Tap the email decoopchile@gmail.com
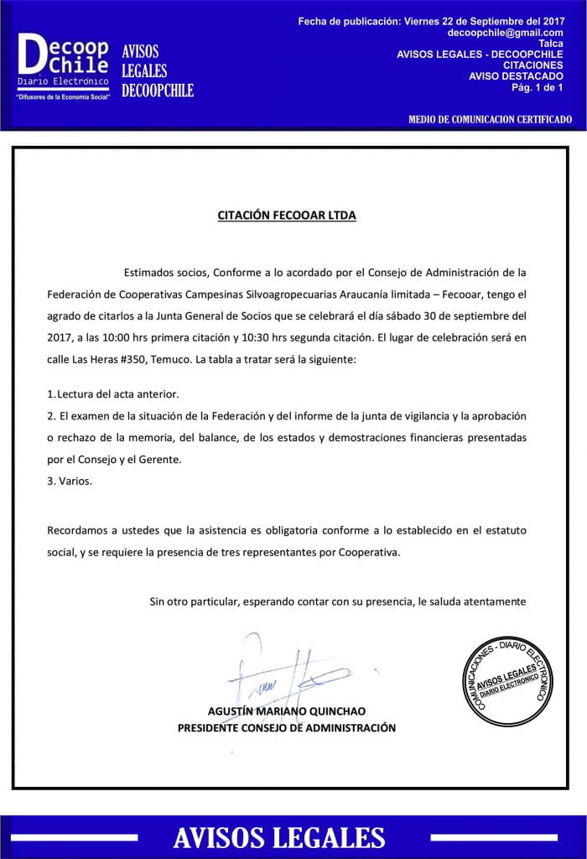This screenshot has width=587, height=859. tap(506, 32)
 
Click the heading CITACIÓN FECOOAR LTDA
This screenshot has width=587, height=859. tap(287, 216)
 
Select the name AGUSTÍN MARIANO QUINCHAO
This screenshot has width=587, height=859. tap(287, 711)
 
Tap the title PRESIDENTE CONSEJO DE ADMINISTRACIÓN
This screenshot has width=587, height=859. tap(287, 728)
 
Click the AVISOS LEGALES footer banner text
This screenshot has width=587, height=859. tap(279, 837)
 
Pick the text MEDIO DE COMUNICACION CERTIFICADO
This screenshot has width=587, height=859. tap(491, 120)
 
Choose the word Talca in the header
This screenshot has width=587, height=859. tap(551, 44)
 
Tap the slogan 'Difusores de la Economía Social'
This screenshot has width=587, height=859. tap(64, 97)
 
